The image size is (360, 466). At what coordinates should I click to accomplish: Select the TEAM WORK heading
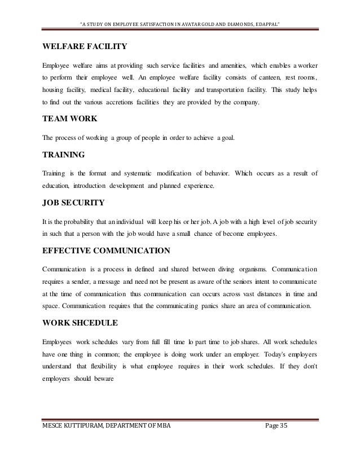point(69,119)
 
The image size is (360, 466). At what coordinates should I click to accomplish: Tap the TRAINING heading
point(64,154)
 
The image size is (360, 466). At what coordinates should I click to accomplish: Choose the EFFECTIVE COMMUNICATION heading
point(108,249)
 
